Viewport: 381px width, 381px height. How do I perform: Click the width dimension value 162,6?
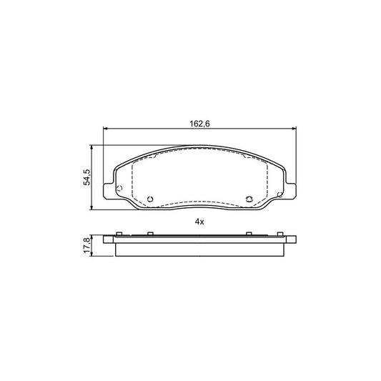tap(199, 124)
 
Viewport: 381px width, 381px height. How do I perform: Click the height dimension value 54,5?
tap(86, 177)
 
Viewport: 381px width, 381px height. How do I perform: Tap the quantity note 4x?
tap(199, 222)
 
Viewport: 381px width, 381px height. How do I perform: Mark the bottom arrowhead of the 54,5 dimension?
tap(93, 208)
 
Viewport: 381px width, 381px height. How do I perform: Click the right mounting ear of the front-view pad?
tap(290, 190)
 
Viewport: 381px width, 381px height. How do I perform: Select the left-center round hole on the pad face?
tap(150, 199)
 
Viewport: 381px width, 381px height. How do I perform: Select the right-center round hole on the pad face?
tap(248, 199)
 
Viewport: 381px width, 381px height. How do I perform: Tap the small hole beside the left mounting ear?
tap(120, 187)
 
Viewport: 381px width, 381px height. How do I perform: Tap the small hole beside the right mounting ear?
tap(280, 187)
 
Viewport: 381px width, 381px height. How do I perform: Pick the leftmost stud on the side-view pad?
tap(119, 234)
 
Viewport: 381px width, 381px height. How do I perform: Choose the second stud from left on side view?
tap(150, 234)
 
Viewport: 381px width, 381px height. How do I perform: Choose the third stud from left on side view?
tap(248, 234)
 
